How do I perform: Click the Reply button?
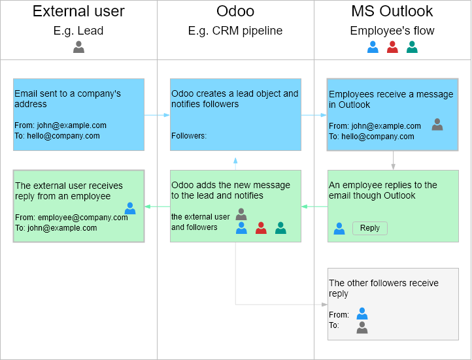[x=369, y=228]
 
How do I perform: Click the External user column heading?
[x=78, y=11]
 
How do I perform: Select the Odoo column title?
[x=235, y=11]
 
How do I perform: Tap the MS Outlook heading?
[x=392, y=11]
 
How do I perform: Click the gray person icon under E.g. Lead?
[x=78, y=47]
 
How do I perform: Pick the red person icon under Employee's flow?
[x=392, y=47]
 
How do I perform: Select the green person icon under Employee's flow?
[x=412, y=47]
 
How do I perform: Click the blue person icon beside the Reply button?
[x=339, y=229]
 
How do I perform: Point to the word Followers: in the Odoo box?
[x=189, y=136]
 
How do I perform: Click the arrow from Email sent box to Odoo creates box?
[x=157, y=115]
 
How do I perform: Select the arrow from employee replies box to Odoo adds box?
[x=314, y=206]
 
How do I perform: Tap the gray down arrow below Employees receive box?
[x=393, y=160]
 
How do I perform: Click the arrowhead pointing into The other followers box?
[x=324, y=304]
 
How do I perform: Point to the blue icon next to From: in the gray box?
[x=362, y=314]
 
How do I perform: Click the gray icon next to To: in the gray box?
[x=362, y=327]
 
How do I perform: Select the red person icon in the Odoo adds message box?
[x=261, y=228]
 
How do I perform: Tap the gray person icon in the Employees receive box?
[x=437, y=124]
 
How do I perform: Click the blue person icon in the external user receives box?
[x=130, y=208]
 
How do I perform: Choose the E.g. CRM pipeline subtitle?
[x=235, y=31]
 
